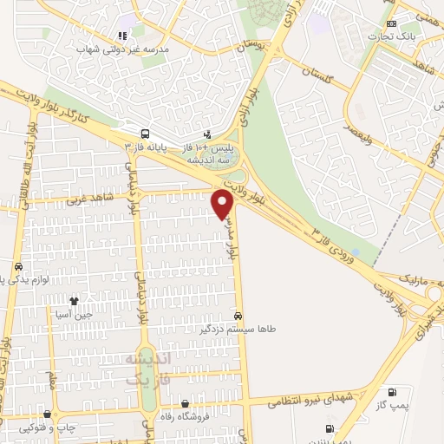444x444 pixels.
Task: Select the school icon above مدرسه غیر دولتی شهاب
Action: [x=122, y=36]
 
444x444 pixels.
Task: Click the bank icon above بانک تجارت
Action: [x=392, y=23]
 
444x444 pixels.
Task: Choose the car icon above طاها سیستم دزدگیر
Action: [x=238, y=317]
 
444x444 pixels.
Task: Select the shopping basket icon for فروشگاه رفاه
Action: [x=186, y=403]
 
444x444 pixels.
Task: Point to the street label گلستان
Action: [x=320, y=77]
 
